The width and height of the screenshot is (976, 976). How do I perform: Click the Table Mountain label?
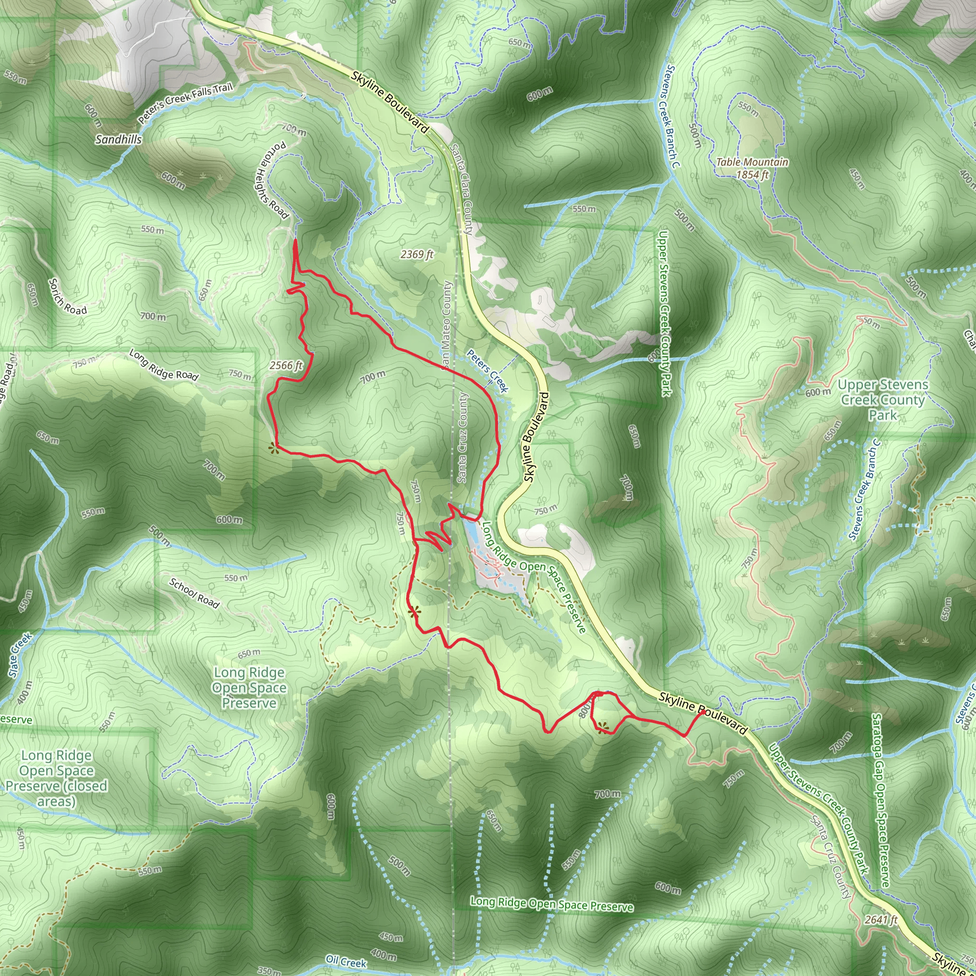(752, 162)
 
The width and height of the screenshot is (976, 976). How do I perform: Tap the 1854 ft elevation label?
(752, 175)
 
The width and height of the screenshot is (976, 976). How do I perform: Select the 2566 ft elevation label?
(286, 365)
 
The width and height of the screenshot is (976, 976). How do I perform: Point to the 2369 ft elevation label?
(417, 254)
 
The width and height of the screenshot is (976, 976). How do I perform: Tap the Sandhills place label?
(118, 140)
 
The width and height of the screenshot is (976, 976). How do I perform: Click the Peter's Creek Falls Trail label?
(185, 103)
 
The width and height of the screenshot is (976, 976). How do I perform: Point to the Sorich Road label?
(68, 296)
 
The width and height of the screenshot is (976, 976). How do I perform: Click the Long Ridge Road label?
(163, 364)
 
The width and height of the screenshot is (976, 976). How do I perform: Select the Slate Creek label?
(20, 655)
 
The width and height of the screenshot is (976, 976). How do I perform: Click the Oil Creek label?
(346, 962)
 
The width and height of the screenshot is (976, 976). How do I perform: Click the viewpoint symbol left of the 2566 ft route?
(273, 447)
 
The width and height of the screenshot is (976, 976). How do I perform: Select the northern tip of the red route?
(295, 241)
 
